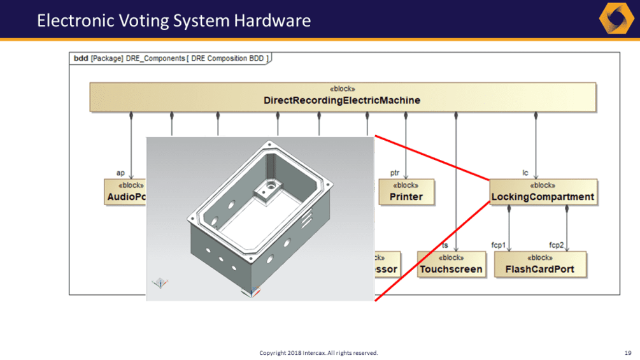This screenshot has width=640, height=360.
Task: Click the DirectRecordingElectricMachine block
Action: point(343,96)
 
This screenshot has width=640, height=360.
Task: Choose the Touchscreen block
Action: point(451,264)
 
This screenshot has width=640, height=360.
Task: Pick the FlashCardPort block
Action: point(539,264)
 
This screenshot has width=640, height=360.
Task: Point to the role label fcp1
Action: point(498,245)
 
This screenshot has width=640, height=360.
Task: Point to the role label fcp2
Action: point(557,245)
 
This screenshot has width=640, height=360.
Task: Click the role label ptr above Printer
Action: point(394,173)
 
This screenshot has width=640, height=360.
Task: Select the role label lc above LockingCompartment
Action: point(525,173)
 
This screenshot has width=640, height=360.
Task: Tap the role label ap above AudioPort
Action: point(120,173)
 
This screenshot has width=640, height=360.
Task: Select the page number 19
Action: point(628,352)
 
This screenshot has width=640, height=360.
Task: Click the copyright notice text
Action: point(318,352)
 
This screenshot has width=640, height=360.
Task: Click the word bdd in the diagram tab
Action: point(81,59)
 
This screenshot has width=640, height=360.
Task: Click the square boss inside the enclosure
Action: point(266,187)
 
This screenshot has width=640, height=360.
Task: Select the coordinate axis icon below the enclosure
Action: point(254,292)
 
